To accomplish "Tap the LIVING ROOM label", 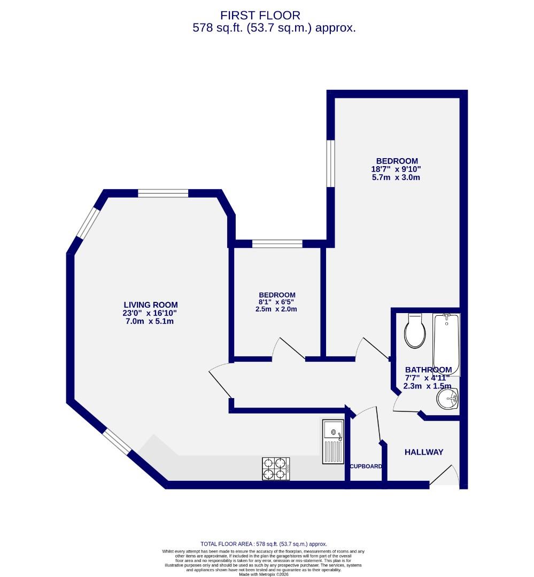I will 151,305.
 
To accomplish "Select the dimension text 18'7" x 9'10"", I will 397,169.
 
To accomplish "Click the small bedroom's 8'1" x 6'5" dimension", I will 276,302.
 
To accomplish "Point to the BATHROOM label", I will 428,370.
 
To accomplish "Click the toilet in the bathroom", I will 415,330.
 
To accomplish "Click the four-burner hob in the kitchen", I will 275,469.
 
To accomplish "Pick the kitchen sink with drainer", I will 332,441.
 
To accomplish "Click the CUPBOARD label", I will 366,466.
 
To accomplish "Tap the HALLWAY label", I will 424,452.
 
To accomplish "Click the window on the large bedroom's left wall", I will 330,163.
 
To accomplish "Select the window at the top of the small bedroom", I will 277,244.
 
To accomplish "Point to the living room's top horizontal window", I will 162,193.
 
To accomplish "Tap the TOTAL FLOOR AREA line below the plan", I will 264,543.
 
